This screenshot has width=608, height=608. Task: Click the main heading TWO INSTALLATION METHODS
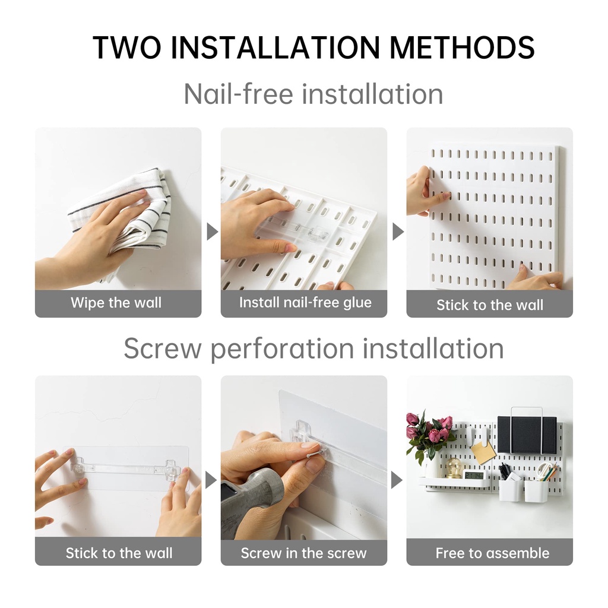[x=313, y=47]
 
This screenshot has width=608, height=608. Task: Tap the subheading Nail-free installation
[x=313, y=94]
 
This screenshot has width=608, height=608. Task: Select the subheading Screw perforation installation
[x=313, y=348]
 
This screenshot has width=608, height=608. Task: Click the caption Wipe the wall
[x=116, y=302]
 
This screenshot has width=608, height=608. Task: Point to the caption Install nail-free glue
[x=305, y=302]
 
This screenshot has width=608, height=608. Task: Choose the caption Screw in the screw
[x=303, y=553]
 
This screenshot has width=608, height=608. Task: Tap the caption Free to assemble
[x=492, y=553]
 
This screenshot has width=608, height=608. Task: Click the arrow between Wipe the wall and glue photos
[x=212, y=232]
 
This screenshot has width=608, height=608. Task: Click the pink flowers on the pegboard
[x=430, y=430]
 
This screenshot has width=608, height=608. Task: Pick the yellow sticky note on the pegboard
[x=483, y=452]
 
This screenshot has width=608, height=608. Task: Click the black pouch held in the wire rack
[x=527, y=435]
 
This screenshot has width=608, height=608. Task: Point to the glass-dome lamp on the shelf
[x=452, y=468]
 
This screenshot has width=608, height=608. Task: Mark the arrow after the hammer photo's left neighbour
[x=211, y=480]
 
